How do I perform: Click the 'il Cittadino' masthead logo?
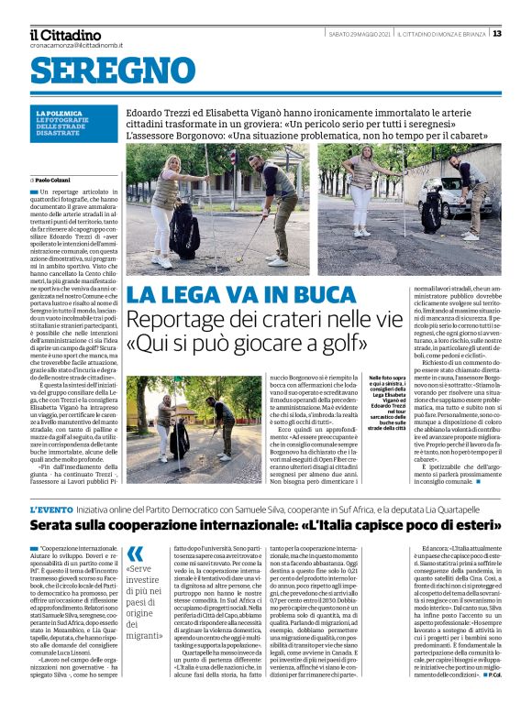(x=65, y=34)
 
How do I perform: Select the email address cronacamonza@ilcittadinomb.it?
(x=73, y=46)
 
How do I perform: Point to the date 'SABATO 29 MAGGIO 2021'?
(x=360, y=34)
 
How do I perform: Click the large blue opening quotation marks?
(x=135, y=553)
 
